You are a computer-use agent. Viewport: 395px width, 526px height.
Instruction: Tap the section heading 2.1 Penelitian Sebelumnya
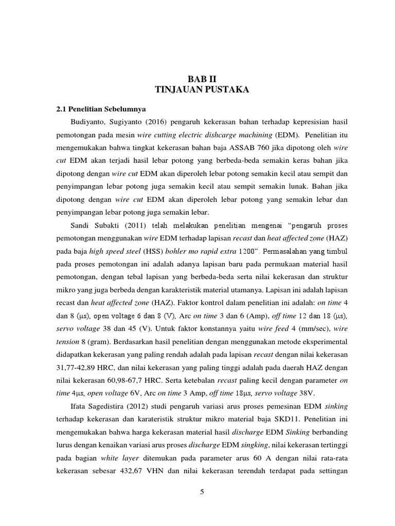[101, 109]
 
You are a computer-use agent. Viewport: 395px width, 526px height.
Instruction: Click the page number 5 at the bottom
[202, 492]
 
